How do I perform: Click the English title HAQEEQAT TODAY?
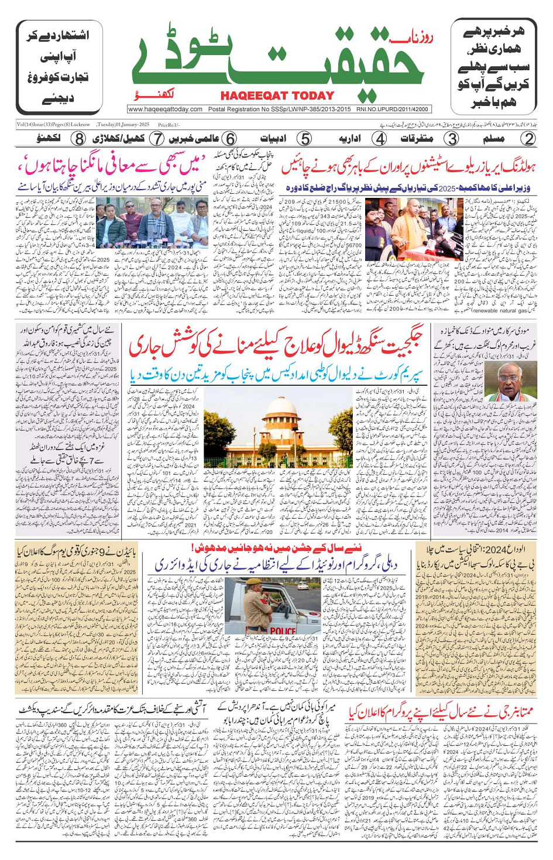(277, 96)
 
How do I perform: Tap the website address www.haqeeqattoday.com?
(165, 109)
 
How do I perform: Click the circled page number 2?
(528, 139)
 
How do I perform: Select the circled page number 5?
(305, 139)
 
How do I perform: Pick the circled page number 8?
(79, 139)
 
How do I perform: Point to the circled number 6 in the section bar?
(230, 139)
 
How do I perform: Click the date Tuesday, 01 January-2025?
(123, 125)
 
